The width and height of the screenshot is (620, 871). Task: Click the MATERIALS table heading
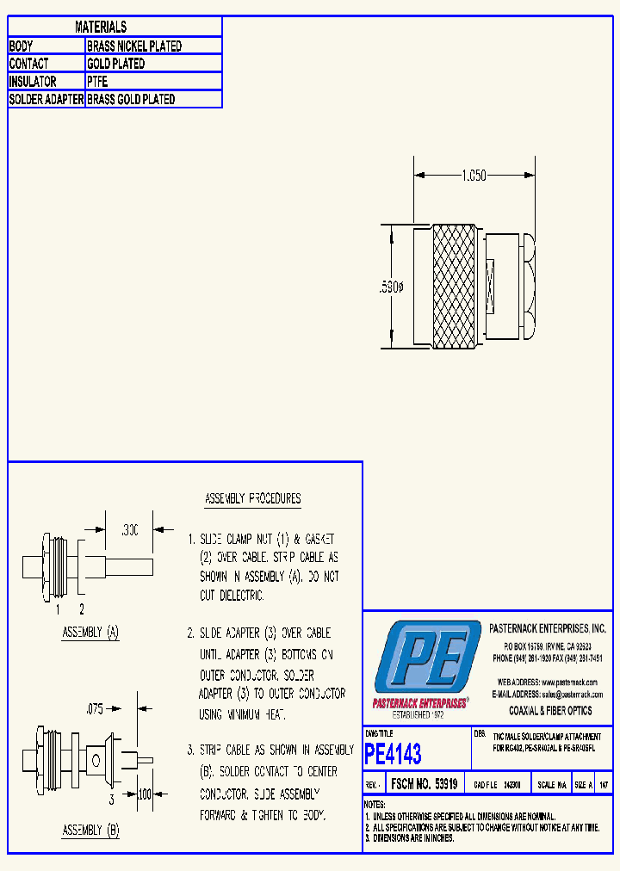click(x=101, y=28)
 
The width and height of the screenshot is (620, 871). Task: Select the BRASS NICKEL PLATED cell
click(x=134, y=46)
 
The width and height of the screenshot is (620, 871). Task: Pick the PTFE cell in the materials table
click(x=96, y=82)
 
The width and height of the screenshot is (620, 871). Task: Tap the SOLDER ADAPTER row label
click(x=46, y=100)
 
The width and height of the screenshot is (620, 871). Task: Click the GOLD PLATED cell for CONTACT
click(x=116, y=64)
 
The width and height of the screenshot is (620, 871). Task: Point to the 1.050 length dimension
click(x=474, y=176)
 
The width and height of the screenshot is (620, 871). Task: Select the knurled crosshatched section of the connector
click(x=452, y=286)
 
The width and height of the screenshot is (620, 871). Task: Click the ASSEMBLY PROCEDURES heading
click(x=252, y=499)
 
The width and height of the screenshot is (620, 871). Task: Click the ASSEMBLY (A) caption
click(x=90, y=633)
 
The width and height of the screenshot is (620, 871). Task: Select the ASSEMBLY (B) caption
click(x=90, y=831)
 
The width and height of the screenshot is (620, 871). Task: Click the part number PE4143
click(x=394, y=755)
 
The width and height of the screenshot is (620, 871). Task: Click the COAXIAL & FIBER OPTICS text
click(x=550, y=711)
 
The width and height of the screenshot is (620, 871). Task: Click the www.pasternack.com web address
click(x=570, y=682)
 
